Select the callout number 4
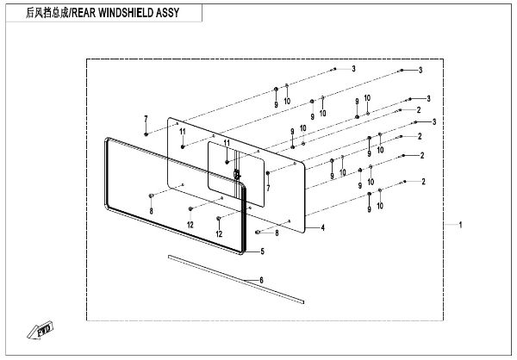coord(323,227)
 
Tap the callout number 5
coord(262,251)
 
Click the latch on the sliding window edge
coord(235,173)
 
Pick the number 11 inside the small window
coord(227,143)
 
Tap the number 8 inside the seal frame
coord(151,210)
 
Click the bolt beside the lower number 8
coord(258,232)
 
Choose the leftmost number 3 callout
coord(352,67)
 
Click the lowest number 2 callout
coord(423,182)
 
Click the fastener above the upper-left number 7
coord(146,133)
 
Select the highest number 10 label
coord(288,101)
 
